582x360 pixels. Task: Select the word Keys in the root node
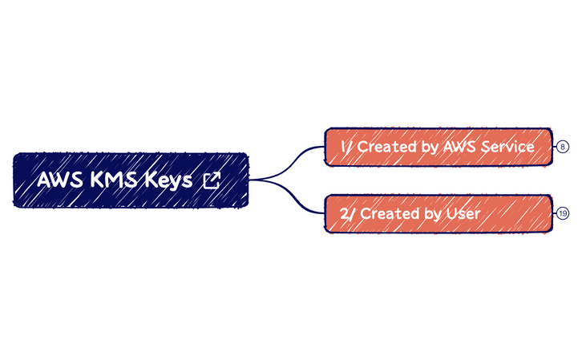[x=168, y=180]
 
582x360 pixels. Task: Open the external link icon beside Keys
[x=211, y=180]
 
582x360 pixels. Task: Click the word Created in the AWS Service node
[x=386, y=147]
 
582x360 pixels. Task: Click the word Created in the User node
[x=386, y=214]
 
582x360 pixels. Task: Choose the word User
[x=463, y=214]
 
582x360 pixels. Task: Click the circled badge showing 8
[x=563, y=147]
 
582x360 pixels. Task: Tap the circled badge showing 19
[x=563, y=214]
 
